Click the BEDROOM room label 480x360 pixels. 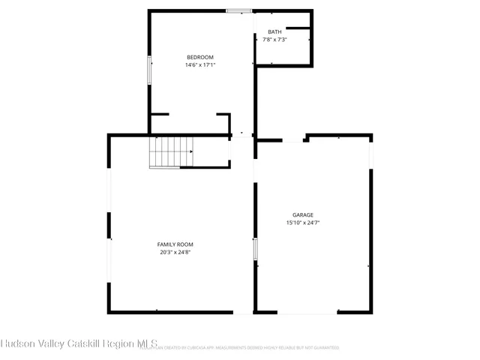[200, 57]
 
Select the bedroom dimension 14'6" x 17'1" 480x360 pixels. [200, 65]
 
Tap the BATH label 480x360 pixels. [275, 31]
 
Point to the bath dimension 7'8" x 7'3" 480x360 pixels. [275, 39]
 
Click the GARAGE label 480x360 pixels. [302, 214]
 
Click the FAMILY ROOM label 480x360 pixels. [175, 244]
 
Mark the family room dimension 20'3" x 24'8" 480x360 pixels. [175, 253]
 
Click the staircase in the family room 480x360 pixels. [170, 152]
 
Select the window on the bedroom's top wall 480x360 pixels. [238, 10]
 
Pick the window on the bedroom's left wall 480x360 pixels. [149, 70]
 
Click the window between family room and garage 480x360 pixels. [255, 249]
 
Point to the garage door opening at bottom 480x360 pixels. [307, 313]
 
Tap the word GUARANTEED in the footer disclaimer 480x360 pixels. [324, 348]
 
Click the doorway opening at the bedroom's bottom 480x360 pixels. [241, 135]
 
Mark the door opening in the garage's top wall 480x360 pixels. [293, 139]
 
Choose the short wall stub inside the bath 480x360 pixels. [298, 28]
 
